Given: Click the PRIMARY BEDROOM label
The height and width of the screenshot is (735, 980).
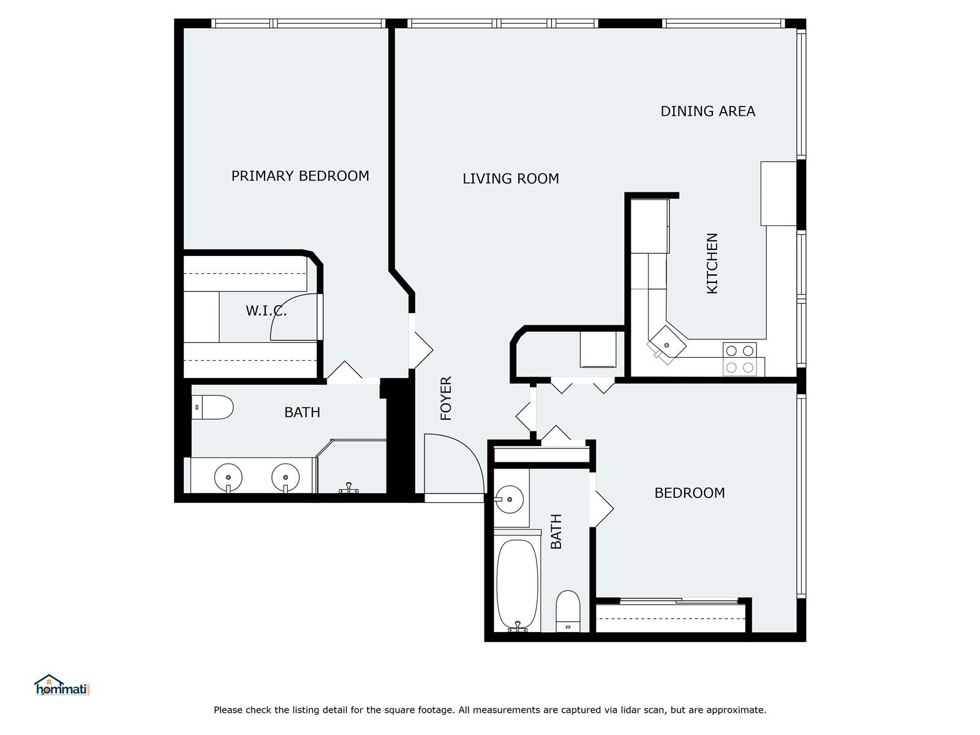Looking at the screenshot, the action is [x=300, y=176].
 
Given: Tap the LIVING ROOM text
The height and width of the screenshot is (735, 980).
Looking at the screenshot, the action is [x=511, y=178].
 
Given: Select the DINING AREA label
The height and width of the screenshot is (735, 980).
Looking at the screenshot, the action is [x=707, y=111].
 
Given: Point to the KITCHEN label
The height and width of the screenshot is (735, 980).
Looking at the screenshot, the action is [x=712, y=263].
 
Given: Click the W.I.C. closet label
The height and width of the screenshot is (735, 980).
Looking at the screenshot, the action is [x=266, y=311].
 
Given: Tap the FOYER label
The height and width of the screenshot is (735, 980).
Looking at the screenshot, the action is [x=446, y=398].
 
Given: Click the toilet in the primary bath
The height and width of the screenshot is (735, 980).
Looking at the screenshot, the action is [x=213, y=407].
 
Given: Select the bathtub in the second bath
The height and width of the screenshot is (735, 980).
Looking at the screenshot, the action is [x=518, y=585].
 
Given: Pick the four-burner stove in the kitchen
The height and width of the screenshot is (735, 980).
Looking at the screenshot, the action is [x=740, y=360].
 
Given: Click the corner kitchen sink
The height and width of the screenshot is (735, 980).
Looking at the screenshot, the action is [x=666, y=345].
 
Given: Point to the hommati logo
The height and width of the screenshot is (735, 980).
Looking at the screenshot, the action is [x=62, y=685].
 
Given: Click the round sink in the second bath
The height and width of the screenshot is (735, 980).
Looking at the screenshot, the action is [x=510, y=499].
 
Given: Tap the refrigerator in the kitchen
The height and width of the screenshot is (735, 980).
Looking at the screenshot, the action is [x=778, y=193].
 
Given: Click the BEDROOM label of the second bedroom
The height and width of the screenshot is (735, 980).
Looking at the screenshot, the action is [x=689, y=492].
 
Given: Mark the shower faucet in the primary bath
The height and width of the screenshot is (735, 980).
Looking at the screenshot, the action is [x=349, y=488].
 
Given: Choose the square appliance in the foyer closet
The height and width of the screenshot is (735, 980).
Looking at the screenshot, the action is [x=598, y=349].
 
